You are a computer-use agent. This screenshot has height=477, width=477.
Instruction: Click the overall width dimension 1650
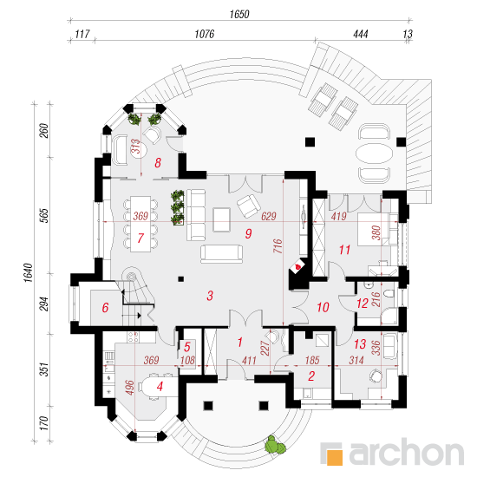pyautogui.click(x=239, y=14)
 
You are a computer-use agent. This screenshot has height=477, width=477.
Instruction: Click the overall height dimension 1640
pyautogui.click(x=28, y=272)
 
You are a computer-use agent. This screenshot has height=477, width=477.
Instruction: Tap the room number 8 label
pyautogui.click(x=158, y=163)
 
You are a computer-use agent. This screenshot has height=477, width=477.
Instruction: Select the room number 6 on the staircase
pyautogui.click(x=105, y=308)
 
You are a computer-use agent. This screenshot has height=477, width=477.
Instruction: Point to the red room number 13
pyautogui.click(x=360, y=344)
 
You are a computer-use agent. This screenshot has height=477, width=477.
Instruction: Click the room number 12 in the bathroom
pyautogui.click(x=363, y=304)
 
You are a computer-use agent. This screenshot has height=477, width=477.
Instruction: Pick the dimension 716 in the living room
pyautogui.click(x=278, y=245)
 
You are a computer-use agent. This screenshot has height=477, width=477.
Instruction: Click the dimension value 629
pyautogui.click(x=269, y=216)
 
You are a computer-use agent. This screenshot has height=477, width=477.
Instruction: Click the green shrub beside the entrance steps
pyautogui.click(x=275, y=445)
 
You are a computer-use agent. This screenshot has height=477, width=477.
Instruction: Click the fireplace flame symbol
pyautogui.click(x=297, y=267)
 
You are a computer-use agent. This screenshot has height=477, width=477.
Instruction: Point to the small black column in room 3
pyautogui.click(x=181, y=278)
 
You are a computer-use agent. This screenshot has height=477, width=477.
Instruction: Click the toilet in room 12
pyautogui.click(x=389, y=294)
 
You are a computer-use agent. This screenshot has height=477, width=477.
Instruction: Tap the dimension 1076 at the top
pyautogui.click(x=205, y=34)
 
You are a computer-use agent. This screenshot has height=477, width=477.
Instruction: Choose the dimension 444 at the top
pyautogui.click(x=361, y=34)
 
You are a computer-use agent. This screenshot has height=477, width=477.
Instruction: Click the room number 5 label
pyautogui.click(x=186, y=347)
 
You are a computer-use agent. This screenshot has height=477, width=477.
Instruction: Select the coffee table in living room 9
pyautogui.click(x=221, y=219)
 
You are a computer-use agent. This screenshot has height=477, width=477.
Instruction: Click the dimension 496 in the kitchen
pyautogui.click(x=129, y=388)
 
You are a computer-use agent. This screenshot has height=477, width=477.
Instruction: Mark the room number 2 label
pyautogui.click(x=311, y=376)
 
